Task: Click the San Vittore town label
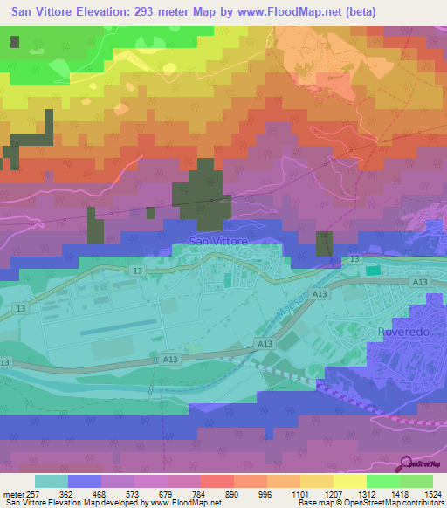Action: pos(218,241)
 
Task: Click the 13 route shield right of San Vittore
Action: pos(354,259)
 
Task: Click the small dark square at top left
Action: pos(14,41)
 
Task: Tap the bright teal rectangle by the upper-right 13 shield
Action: pos(373,271)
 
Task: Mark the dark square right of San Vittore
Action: pos(324,244)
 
